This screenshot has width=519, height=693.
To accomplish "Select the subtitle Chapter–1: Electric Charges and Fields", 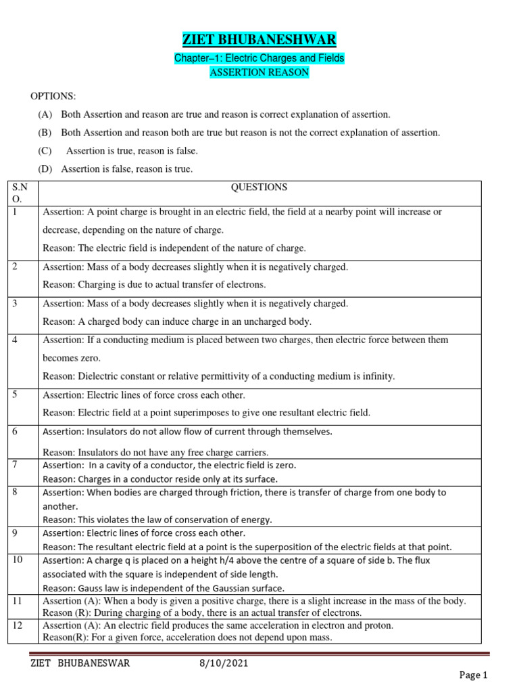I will (x=259, y=58).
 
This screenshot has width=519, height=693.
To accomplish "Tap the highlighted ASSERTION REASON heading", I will (x=259, y=72).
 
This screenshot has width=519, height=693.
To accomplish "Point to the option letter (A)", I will (x=45, y=114).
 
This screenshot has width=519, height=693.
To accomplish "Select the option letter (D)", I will (x=45, y=169).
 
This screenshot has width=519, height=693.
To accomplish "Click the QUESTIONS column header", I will (x=259, y=187).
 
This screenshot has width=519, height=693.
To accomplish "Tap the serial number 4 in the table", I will (x=16, y=340).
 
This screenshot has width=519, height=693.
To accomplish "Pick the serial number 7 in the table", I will (x=16, y=465).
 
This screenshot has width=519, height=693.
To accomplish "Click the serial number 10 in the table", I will (x=18, y=560).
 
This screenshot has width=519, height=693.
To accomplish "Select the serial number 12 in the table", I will (x=18, y=625).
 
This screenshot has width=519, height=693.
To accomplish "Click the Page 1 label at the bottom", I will (x=473, y=675).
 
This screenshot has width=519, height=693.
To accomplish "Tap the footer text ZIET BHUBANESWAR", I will (x=80, y=664).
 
